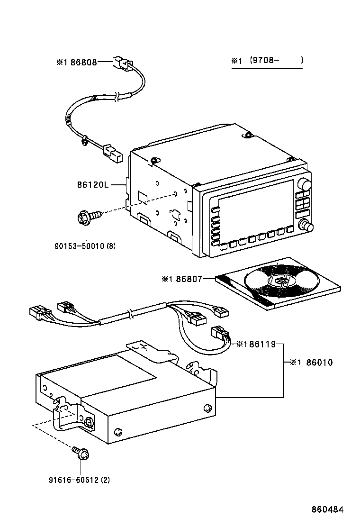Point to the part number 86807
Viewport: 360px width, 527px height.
(x=188, y=280)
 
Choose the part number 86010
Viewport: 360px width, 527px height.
(x=319, y=363)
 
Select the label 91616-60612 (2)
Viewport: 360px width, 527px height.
(x=79, y=480)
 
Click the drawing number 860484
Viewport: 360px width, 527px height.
(x=327, y=509)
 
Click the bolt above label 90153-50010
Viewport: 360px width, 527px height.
(x=87, y=218)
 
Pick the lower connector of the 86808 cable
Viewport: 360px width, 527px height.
(x=112, y=154)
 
